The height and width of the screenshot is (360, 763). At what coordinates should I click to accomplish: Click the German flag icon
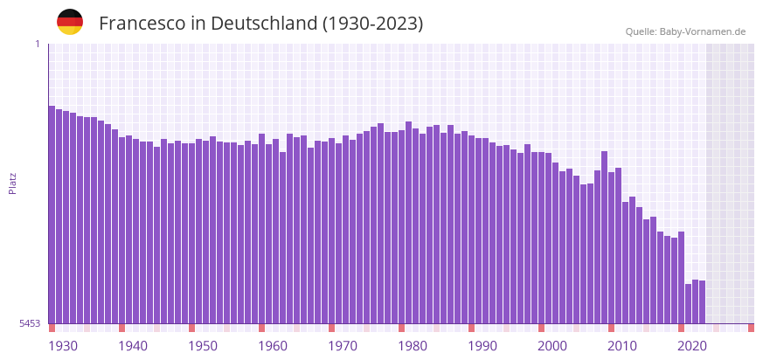[x=70, y=22]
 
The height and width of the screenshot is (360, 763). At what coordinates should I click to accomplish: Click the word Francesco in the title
[x=140, y=24]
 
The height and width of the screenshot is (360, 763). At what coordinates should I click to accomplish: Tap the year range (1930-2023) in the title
[x=372, y=24]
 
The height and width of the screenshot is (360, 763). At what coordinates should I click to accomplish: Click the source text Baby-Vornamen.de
[x=702, y=31]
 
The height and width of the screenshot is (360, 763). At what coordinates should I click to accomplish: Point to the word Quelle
[x=640, y=31]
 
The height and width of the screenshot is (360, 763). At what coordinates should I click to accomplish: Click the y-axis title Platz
[x=12, y=183]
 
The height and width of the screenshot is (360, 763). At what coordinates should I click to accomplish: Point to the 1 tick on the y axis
[x=38, y=44]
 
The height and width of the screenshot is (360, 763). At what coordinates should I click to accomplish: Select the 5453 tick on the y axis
[x=30, y=323]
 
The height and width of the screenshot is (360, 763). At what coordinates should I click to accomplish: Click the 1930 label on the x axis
[x=63, y=346]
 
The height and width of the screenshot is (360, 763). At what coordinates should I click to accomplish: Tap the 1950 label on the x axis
[x=203, y=346]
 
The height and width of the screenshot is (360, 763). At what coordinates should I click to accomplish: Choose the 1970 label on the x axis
[x=343, y=346]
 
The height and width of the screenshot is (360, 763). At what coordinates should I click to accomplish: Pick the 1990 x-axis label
[x=482, y=346]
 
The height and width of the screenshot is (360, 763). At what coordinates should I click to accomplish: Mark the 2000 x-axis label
[x=552, y=346]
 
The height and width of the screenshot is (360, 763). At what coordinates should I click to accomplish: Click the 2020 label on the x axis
[x=692, y=346]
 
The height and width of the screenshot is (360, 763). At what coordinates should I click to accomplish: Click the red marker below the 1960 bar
[x=261, y=328]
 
